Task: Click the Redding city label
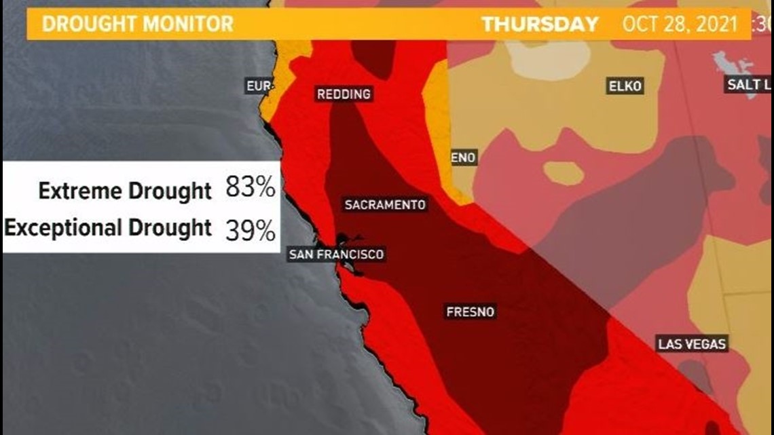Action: pos(344,94)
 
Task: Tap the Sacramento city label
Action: pos(385,204)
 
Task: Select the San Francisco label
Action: pos(336,254)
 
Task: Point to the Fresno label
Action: pos(471,312)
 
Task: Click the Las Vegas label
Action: pos(692,343)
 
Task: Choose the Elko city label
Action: pos(625,86)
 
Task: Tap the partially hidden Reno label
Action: pos(464,158)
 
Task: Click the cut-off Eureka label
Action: pos(259,86)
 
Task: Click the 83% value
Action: pos(251,188)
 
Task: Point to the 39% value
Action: pos(251,231)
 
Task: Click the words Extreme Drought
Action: pos(125,191)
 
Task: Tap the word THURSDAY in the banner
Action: pos(540,24)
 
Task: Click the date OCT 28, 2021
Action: pos(680,24)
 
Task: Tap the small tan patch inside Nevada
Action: pos(563,172)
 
